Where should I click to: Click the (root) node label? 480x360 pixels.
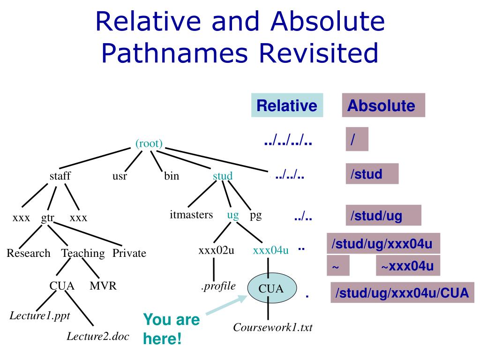[x=149, y=144]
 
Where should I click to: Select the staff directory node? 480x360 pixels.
[x=60, y=177]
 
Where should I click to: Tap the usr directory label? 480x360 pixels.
[x=120, y=177]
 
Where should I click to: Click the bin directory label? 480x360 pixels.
[x=171, y=177]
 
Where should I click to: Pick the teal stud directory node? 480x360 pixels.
[x=223, y=177]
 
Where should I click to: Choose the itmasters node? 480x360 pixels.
[x=191, y=216]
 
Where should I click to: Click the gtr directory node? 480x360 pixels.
[x=48, y=217]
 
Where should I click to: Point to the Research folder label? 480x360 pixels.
[x=28, y=254]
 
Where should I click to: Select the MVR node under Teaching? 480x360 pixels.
[x=103, y=286]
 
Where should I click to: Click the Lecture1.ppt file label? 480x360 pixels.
[x=40, y=315]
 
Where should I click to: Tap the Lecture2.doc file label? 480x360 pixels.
[x=97, y=336]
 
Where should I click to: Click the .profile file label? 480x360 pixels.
[x=218, y=286]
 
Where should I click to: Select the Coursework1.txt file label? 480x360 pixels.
[x=272, y=327]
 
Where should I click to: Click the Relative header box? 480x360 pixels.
[x=287, y=105]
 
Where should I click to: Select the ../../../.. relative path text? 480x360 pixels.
[x=288, y=141]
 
